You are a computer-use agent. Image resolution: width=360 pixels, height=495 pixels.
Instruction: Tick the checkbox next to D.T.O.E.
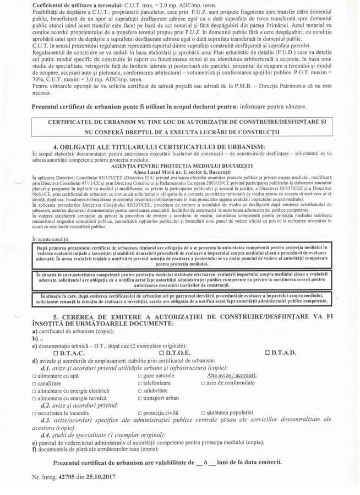(161, 353)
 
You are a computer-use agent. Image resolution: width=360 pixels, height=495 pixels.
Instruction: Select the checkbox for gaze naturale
(140, 376)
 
